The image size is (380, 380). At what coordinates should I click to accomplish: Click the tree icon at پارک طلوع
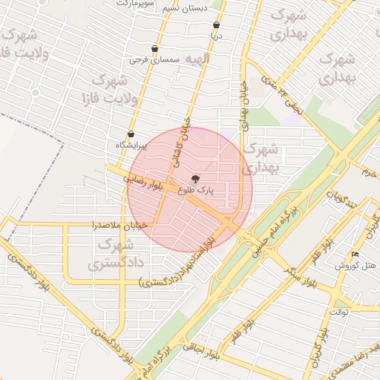[x=195, y=178]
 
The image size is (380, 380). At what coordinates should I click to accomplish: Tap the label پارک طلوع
[x=195, y=190]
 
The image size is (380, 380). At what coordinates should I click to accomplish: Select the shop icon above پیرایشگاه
[x=131, y=134]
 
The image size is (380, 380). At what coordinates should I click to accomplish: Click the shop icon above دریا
[x=215, y=24]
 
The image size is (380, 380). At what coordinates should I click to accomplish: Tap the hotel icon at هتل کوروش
[x=355, y=255]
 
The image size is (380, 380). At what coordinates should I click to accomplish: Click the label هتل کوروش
[x=355, y=265]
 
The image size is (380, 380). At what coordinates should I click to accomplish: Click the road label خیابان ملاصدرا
[x=119, y=224]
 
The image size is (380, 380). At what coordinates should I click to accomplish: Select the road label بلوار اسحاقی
[x=204, y=351]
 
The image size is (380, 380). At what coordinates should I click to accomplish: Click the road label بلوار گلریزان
[x=321, y=347]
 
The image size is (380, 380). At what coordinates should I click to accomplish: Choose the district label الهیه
[x=197, y=58]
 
